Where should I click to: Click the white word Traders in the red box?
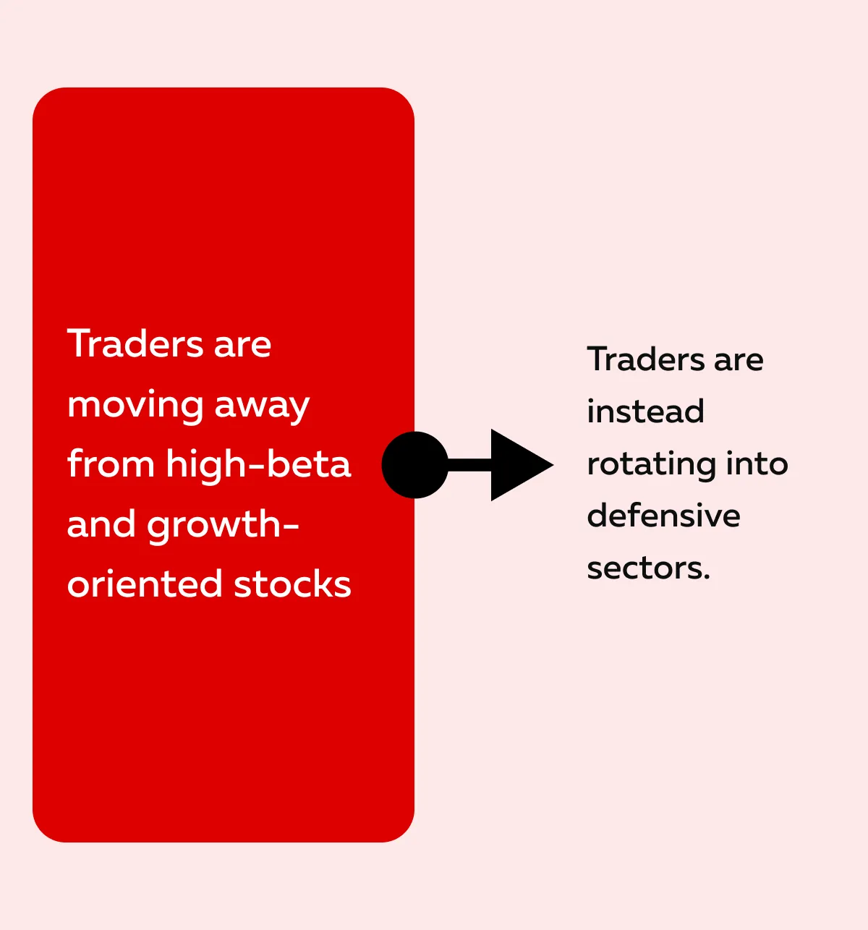[x=135, y=344]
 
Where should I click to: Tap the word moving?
[x=135, y=406]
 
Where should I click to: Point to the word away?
[x=262, y=406]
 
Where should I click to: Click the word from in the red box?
[x=111, y=464]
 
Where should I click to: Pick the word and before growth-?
[x=102, y=524]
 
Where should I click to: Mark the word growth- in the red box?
[x=223, y=526]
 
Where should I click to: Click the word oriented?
[x=145, y=584]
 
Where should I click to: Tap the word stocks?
[x=292, y=584]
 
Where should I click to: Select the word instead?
[x=645, y=411]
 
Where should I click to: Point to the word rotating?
[x=651, y=465]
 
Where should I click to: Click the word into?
[x=757, y=463]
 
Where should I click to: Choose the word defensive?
[x=663, y=515]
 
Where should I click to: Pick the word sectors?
[x=648, y=568]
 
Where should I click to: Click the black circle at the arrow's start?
[x=415, y=464]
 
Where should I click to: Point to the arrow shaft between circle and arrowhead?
[x=470, y=464]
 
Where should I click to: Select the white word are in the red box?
[x=242, y=346]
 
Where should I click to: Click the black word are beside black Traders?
[x=739, y=362]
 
